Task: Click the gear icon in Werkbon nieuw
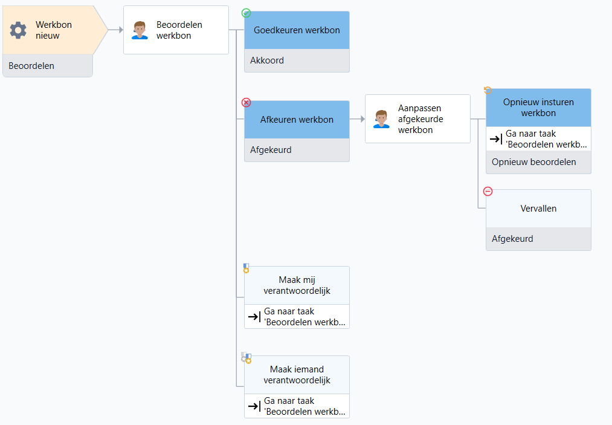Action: pos(18,30)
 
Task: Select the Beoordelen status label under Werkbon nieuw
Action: pos(31,66)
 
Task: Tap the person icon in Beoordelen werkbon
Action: pos(140,30)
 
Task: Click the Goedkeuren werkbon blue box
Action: pos(297,30)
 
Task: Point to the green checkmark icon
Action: pos(246,13)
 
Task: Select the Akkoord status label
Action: pos(267,60)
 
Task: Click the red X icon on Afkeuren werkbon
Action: pos(246,102)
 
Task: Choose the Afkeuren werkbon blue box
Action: pos(297,120)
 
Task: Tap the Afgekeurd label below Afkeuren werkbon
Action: pos(271,149)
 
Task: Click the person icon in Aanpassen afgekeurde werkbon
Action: pos(381,118)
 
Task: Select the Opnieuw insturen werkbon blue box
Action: pos(538,108)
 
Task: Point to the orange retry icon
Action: pos(488,90)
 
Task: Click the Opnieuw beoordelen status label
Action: pos(533,162)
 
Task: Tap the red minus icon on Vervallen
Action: pos(488,192)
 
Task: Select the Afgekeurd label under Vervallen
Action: pos(512,239)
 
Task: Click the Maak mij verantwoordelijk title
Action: pos(297,285)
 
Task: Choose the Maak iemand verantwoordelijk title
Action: pos(297,375)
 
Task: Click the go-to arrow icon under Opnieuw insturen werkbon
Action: pos(495,138)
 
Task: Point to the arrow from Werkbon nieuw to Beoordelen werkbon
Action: pos(115,30)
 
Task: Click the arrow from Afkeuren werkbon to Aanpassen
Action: pos(357,118)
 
